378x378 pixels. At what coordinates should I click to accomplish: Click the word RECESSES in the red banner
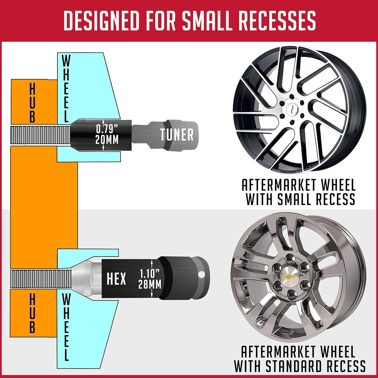coord(277,20)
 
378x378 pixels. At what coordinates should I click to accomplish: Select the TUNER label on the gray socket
coord(177,135)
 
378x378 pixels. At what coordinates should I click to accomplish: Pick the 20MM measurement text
coord(107,139)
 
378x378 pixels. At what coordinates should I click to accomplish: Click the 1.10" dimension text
coord(150,274)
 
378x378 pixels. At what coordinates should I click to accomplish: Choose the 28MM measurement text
coord(150,284)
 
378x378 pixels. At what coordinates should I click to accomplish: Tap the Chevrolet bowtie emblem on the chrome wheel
coord(290,277)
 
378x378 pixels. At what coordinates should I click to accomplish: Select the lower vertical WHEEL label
coord(66,327)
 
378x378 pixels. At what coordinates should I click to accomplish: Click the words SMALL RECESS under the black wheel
coord(316,199)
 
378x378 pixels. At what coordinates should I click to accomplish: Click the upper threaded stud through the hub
coord(40,135)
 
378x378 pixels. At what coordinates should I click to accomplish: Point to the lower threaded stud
coord(41,279)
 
